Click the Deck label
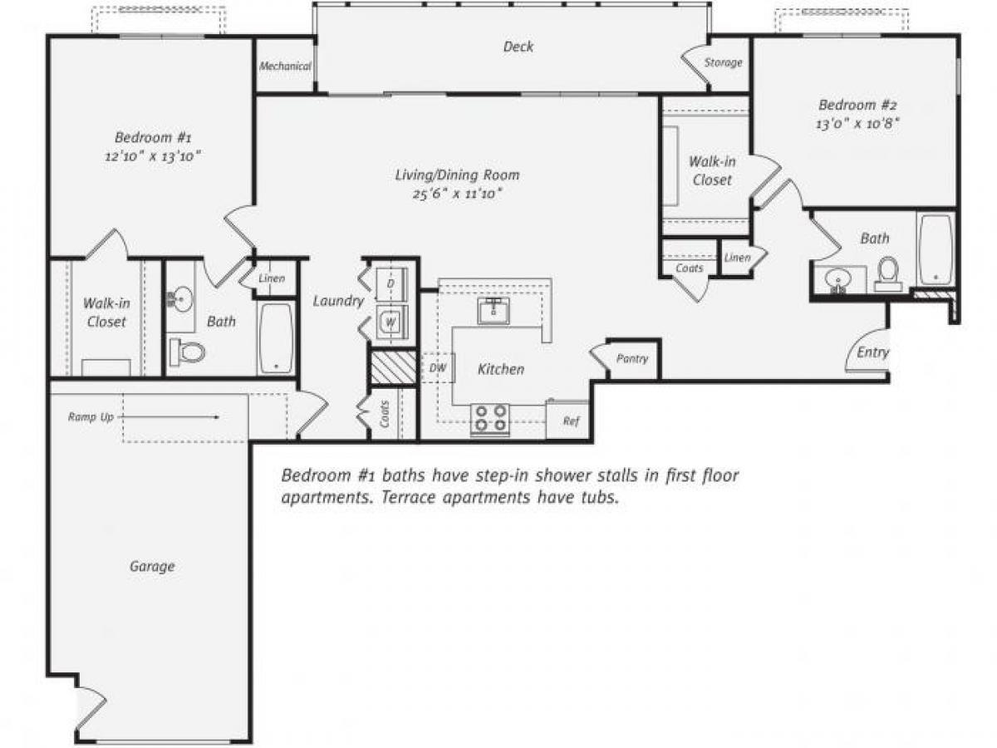518,47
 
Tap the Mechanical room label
285,66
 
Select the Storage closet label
723,63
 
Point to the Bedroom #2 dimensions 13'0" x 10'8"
858,123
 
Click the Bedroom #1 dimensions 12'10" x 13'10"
154,155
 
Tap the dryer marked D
390,283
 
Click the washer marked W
390,320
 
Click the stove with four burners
490,419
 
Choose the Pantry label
631,359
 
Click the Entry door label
872,352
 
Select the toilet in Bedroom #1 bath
188,352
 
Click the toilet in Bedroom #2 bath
888,273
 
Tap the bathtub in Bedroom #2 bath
936,248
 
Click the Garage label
152,567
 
